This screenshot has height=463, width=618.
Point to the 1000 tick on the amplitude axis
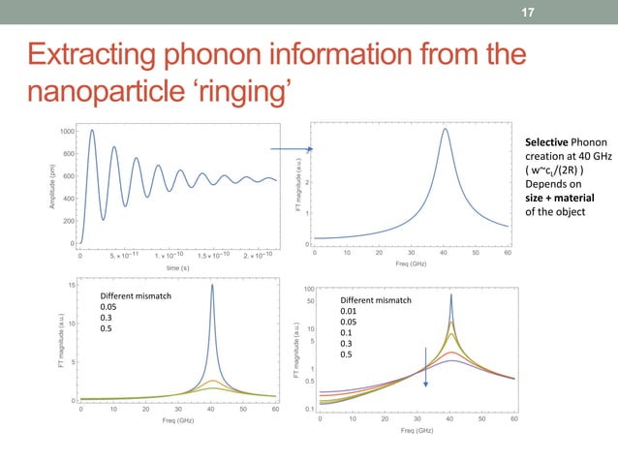66,131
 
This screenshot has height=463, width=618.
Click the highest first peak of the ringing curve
92,131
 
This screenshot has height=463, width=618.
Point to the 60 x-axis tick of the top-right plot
509,253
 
